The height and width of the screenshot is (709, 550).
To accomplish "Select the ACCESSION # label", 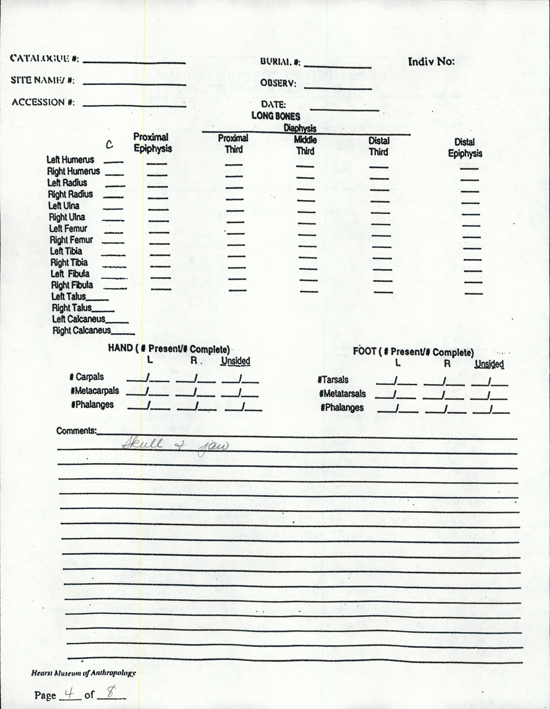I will pyautogui.click(x=43, y=102).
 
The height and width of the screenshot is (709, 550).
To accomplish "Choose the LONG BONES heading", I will pyautogui.click(x=276, y=116).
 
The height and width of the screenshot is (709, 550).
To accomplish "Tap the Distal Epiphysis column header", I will pyautogui.click(x=465, y=148).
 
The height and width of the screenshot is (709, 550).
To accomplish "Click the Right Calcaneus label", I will pyautogui.click(x=82, y=331).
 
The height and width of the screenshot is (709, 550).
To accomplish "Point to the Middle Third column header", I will pyautogui.click(x=305, y=145).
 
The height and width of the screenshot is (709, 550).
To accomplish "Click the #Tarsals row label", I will pyautogui.click(x=333, y=380).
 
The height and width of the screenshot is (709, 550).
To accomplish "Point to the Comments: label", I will pyautogui.click(x=76, y=431).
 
